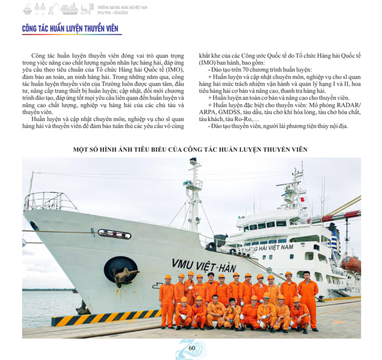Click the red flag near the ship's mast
coord(302,199)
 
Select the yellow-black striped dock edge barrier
coord(104,317)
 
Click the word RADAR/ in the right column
coord(346,105)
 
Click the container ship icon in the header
coord(69,8)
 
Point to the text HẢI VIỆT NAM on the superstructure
coord(275,247)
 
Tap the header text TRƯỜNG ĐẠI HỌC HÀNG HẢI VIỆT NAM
coord(122,7)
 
